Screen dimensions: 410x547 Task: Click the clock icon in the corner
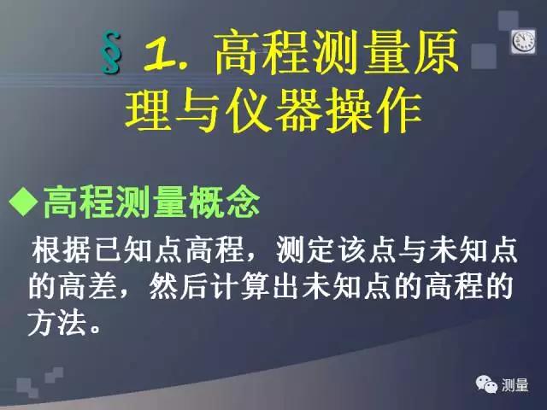coord(522,41)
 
